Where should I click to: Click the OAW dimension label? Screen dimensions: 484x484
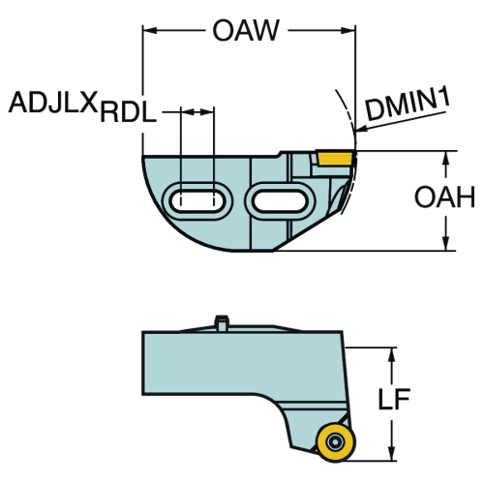[x=246, y=30]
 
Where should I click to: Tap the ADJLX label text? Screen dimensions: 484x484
[x=53, y=103]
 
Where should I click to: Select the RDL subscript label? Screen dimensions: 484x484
[x=129, y=113]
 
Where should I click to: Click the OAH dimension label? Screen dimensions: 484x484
[x=444, y=197]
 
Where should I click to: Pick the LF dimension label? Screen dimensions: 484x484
[x=394, y=399]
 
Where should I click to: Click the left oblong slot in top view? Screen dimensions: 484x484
[x=197, y=201]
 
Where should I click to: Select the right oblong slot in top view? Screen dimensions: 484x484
[x=280, y=201]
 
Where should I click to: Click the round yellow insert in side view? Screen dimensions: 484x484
[x=336, y=442]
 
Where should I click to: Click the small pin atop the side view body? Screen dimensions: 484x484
[x=222, y=322]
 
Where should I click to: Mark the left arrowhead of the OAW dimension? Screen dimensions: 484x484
[x=150, y=31]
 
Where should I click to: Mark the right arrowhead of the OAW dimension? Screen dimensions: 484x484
[x=348, y=31]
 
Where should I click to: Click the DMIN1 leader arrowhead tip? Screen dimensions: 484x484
[x=355, y=131]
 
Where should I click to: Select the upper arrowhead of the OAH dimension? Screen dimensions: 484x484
[x=446, y=159]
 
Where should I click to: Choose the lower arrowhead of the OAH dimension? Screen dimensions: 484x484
[x=446, y=243]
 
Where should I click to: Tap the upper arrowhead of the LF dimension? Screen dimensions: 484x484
[x=391, y=355]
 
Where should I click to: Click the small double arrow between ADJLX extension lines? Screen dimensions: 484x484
[x=197, y=112]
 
